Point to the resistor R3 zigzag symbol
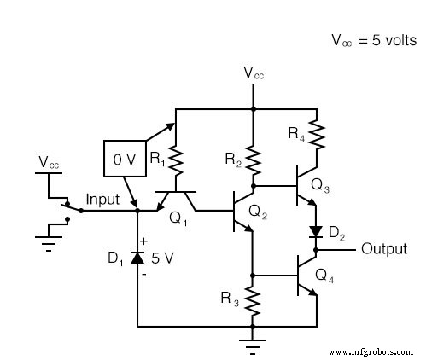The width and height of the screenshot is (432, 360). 253,299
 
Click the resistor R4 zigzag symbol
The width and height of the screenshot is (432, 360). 316,131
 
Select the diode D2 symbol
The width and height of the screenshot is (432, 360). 316,232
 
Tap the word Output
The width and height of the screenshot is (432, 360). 383,249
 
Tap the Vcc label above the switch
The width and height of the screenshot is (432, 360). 49,160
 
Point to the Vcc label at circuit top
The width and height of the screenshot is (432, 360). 253,74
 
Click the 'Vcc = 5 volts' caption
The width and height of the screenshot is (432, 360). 373,40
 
